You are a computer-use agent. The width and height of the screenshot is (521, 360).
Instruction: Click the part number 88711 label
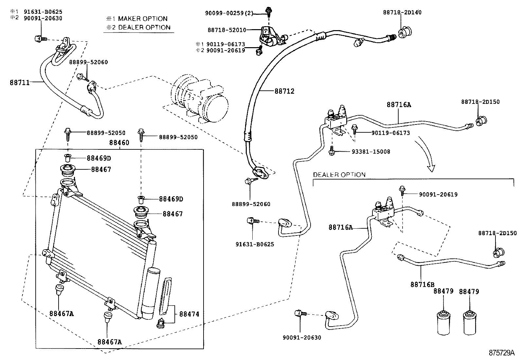pos(19,83)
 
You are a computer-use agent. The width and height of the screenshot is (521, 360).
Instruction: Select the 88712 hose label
pos(284,91)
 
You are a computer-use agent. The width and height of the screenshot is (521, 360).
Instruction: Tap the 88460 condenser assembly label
pos(119,143)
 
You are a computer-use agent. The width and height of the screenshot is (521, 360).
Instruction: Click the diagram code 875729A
pos(502,353)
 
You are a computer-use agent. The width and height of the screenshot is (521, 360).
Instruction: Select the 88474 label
pos(189,314)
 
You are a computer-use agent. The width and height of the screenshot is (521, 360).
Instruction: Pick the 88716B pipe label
pos(422,285)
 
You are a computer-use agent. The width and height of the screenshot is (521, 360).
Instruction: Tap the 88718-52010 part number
pos(226,30)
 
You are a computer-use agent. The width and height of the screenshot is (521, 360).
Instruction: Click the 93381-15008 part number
pos(371,152)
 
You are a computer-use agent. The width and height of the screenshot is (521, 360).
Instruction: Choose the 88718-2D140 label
pos(402,12)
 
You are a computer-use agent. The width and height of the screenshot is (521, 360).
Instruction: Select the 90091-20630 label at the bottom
pos(301,337)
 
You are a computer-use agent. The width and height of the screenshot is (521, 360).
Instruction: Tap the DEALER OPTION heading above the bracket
pos(339,175)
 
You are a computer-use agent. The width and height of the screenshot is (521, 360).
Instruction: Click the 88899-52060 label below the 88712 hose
pos(251,204)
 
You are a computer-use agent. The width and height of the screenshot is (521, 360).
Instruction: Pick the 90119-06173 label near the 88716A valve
pos(390,133)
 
